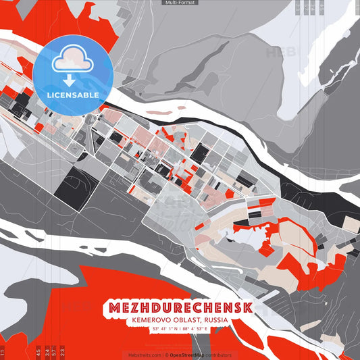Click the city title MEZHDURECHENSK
tap(179, 307)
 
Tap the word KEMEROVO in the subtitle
tap(148, 320)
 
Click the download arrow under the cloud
tap(70, 80)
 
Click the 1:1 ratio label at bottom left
tap(3, 353)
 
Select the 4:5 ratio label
tap(38, 353)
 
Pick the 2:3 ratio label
tap(63, 353)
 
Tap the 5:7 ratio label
tap(55, 353)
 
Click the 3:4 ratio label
tap(47, 353)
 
